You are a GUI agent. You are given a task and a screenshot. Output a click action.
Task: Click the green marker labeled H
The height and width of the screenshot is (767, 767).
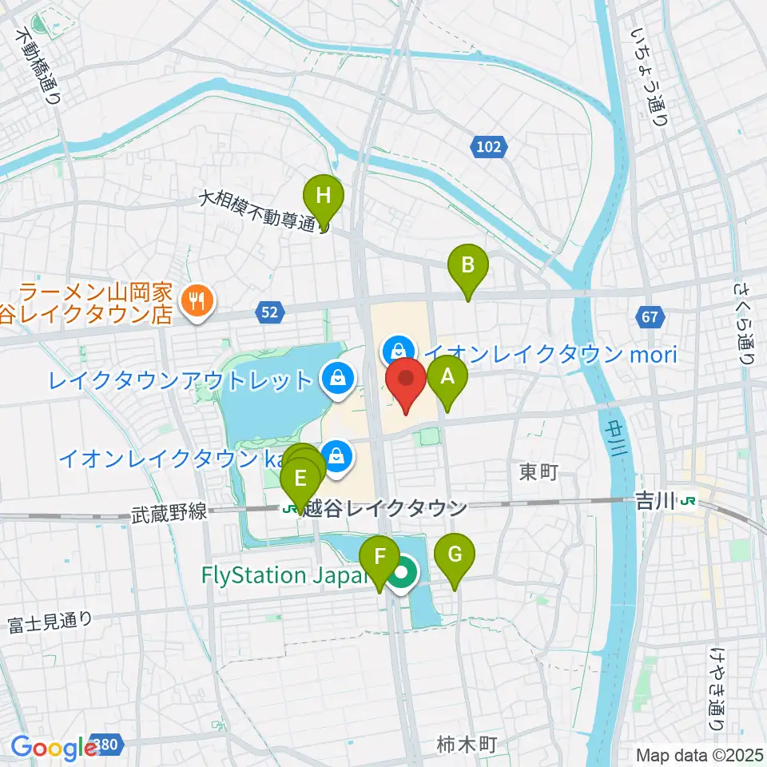point(324,197)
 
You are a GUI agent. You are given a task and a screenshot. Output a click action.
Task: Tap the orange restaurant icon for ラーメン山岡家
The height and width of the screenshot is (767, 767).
point(195,300)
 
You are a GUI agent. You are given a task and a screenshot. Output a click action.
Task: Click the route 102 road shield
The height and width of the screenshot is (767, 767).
point(489,147)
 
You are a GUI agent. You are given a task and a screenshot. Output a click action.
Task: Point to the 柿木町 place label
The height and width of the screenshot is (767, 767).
point(467,745)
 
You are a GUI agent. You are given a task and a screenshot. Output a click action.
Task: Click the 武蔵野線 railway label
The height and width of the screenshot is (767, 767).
point(169,512)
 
